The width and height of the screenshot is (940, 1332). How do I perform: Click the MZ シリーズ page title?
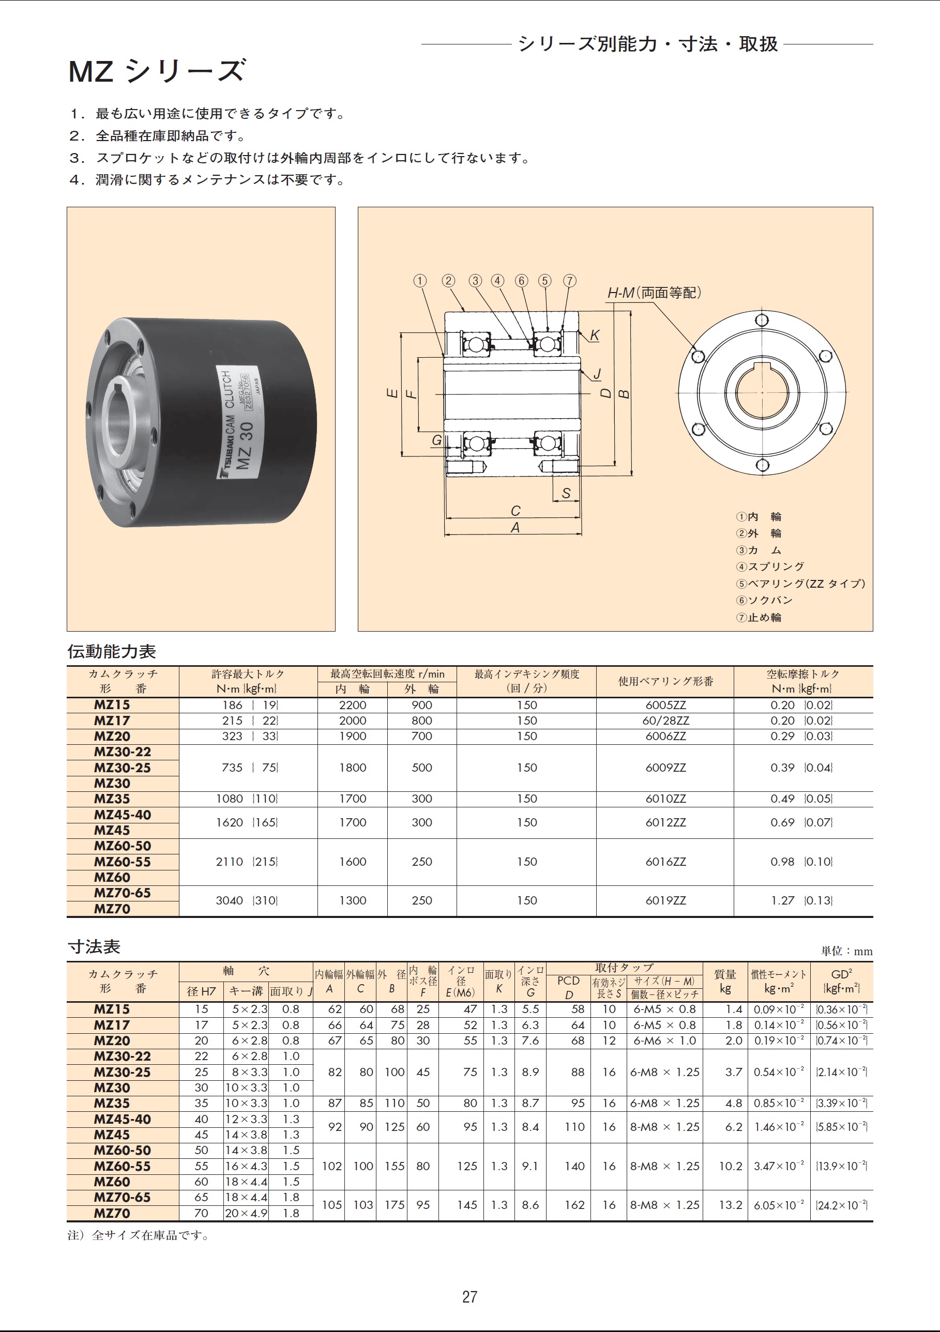[157, 71]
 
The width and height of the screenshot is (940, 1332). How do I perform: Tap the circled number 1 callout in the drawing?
[419, 281]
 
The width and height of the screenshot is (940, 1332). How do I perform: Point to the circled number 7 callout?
[569, 281]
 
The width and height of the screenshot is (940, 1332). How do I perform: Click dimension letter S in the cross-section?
[566, 493]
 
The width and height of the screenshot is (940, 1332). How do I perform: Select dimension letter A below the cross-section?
[514, 527]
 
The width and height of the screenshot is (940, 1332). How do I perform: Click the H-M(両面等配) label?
[654, 293]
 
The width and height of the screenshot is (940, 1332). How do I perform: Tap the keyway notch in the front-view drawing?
[762, 366]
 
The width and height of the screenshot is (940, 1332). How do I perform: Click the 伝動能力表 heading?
[112, 651]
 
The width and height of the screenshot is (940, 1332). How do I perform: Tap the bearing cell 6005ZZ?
[665, 705]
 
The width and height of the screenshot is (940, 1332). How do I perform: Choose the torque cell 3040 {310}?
[247, 900]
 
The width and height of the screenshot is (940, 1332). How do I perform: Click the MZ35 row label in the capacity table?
[112, 799]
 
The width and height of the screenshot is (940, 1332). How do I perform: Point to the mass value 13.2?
[731, 1205]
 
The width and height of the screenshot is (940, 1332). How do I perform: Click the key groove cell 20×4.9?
[246, 1213]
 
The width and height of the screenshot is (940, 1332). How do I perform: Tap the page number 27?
[470, 1297]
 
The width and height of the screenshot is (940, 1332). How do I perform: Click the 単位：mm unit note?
[846, 951]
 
